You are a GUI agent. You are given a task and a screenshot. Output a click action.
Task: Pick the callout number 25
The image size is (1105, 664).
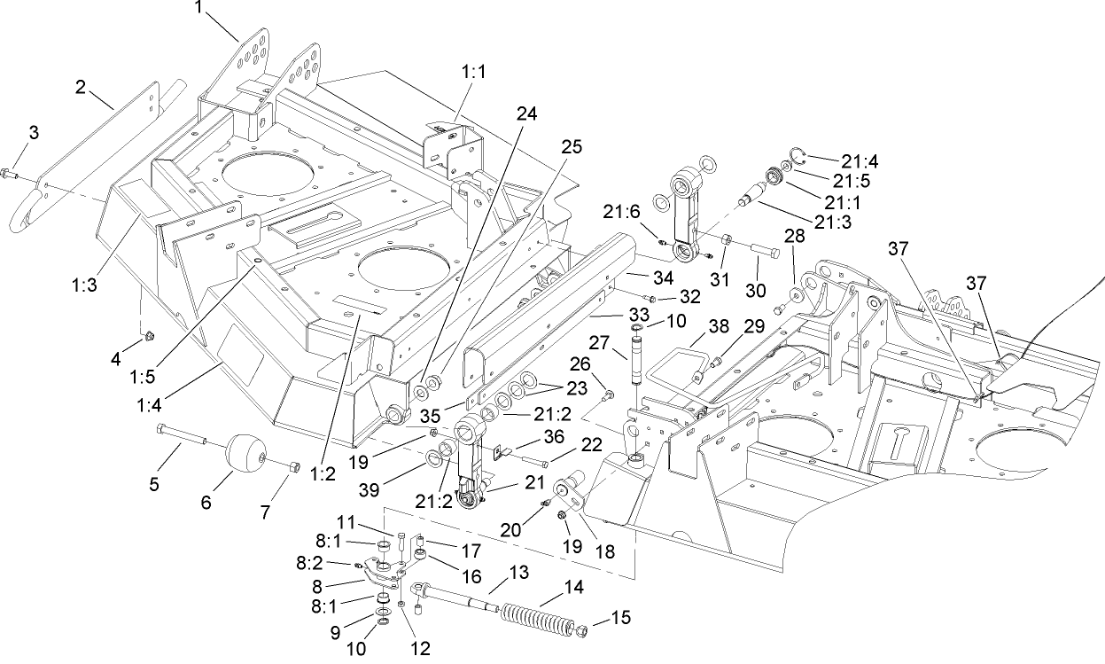[x=572, y=148]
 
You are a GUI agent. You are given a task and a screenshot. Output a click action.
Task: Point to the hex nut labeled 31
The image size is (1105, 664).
[x=724, y=239]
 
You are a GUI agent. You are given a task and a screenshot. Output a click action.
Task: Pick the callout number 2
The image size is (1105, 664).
[x=81, y=87]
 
